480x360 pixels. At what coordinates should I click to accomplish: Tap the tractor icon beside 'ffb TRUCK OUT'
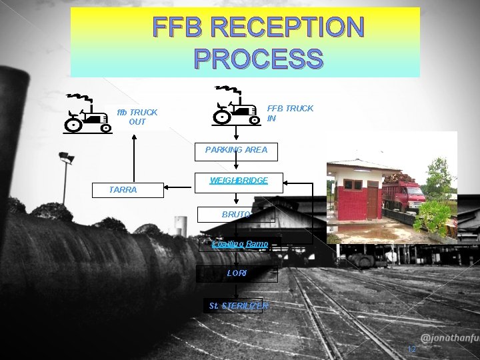click(87, 114)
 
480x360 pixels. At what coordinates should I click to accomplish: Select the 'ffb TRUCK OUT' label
click(137, 117)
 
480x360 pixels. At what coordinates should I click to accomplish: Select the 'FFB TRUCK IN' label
click(290, 113)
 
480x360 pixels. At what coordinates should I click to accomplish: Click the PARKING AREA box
click(237, 150)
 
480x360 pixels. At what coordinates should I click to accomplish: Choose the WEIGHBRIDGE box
click(239, 181)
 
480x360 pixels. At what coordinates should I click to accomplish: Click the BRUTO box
click(236, 215)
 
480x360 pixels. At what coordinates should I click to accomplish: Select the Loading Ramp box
click(240, 244)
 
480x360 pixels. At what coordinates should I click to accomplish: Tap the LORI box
click(237, 273)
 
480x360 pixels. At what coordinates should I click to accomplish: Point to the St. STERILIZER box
click(233, 305)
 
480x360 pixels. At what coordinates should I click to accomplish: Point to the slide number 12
click(411, 349)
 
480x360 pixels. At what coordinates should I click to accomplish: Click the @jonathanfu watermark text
click(449, 337)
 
